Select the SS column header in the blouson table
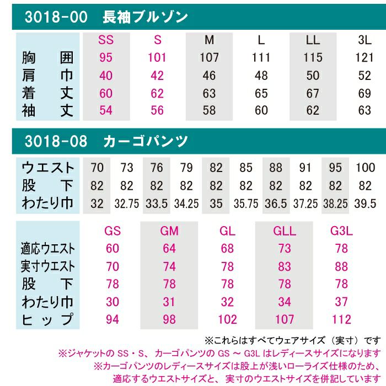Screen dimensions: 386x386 [106, 40]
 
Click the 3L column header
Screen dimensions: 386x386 [364, 40]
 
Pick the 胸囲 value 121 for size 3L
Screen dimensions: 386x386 [364, 57]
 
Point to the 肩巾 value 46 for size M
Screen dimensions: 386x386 [210, 75]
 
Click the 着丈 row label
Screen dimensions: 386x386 [47, 93]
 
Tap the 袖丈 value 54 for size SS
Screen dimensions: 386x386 [106, 110]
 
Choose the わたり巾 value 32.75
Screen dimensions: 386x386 [127, 203]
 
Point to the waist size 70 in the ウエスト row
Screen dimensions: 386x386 [97, 168]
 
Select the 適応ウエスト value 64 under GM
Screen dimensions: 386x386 [169, 249]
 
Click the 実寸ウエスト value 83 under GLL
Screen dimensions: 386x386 [285, 267]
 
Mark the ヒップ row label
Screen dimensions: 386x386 [47, 320]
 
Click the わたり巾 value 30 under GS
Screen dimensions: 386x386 [112, 302]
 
